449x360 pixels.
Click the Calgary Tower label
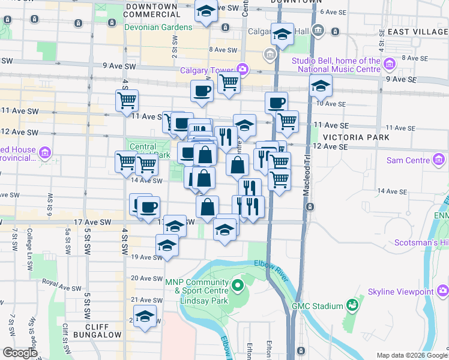(206, 70)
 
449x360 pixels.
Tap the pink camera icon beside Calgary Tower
(242, 69)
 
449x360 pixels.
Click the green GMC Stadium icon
(352, 305)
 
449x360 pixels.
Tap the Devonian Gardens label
(158, 28)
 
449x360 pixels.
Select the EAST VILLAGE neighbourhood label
(418, 31)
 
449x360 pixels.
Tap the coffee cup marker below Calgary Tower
(202, 91)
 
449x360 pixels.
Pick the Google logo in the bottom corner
(20, 353)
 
